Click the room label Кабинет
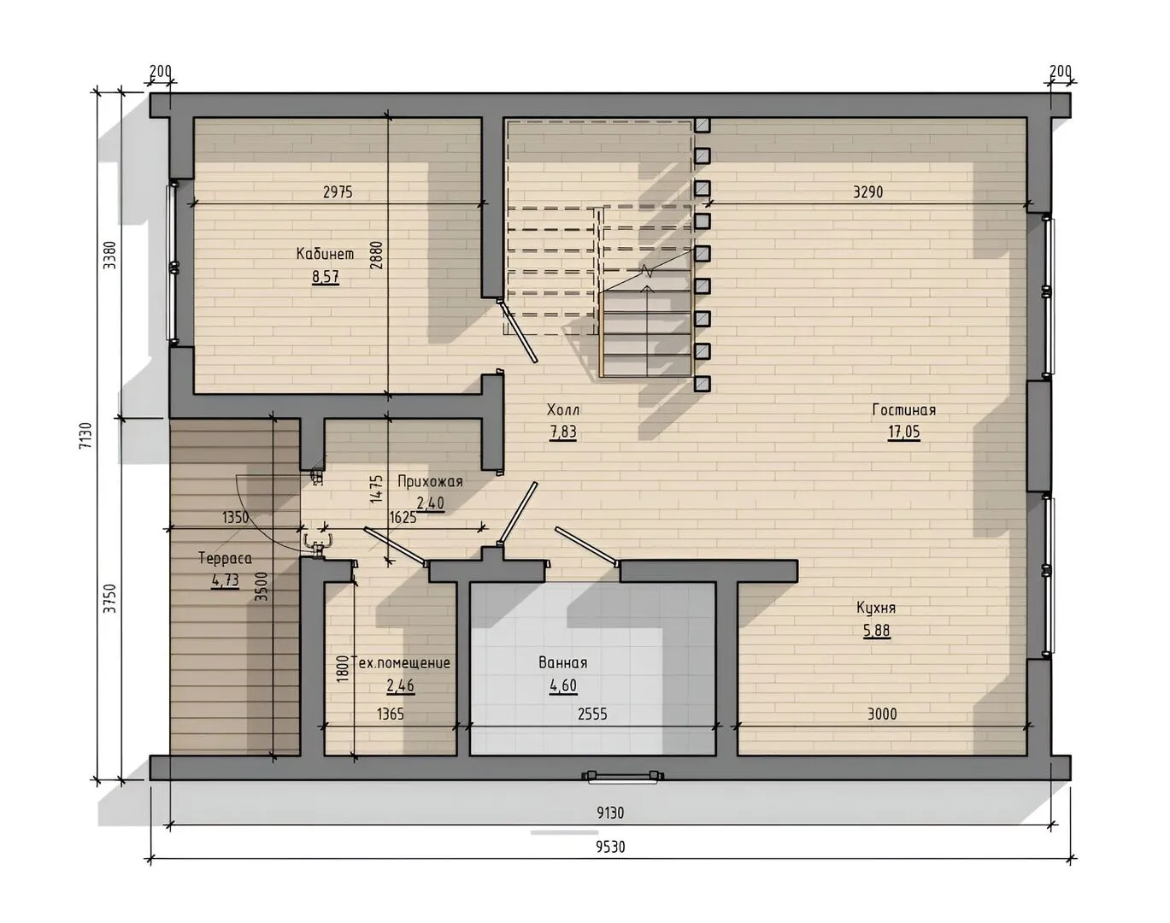pyautogui.click(x=325, y=254)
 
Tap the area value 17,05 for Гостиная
pyautogui.click(x=903, y=432)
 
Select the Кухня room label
pyautogui.click(x=876, y=608)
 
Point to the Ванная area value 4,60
pyautogui.click(x=563, y=686)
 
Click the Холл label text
pyautogui.click(x=563, y=409)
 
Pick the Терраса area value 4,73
pyautogui.click(x=225, y=580)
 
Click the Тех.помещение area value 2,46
pyautogui.click(x=400, y=686)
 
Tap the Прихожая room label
pyautogui.click(x=430, y=481)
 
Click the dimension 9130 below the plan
pyautogui.click(x=610, y=813)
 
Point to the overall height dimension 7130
pyautogui.click(x=86, y=436)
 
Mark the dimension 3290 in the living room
pyautogui.click(x=867, y=192)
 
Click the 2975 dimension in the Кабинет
pyautogui.click(x=338, y=192)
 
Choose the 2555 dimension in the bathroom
pyautogui.click(x=592, y=714)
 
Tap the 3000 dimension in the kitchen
pyautogui.click(x=882, y=714)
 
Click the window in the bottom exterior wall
pyautogui.click(x=622, y=776)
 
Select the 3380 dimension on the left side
pyautogui.click(x=109, y=255)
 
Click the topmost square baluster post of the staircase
pyautogui.click(x=702, y=125)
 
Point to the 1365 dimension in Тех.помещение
pyautogui.click(x=391, y=714)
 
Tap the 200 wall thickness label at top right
pyautogui.click(x=1060, y=71)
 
